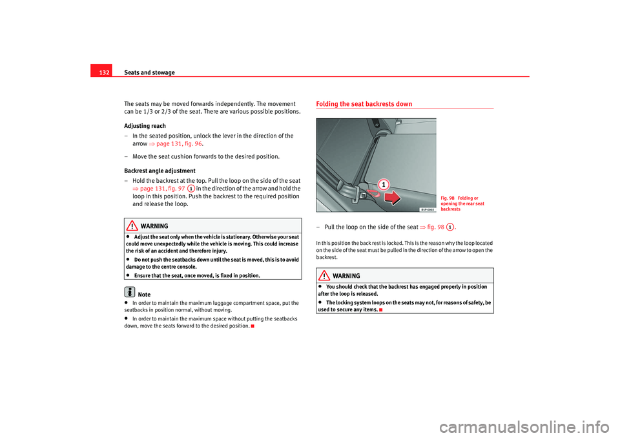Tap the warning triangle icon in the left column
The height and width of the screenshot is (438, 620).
[x=132, y=226]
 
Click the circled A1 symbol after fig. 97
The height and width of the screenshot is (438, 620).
[x=192, y=188]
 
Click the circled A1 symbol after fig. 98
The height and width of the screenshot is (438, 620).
[x=449, y=227]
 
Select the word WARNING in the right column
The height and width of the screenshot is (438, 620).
[x=347, y=276]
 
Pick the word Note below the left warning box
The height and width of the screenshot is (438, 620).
[x=145, y=295]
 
